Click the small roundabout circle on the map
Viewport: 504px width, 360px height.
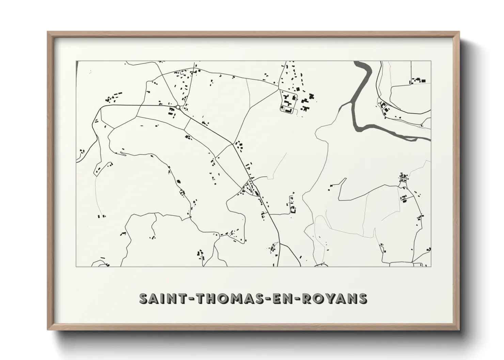(178, 107)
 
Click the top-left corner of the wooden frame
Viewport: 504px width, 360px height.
(48, 32)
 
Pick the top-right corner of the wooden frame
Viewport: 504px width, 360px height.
(459, 32)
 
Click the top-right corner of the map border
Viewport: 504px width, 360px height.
(431, 61)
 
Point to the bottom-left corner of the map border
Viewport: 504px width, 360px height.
(76, 266)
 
